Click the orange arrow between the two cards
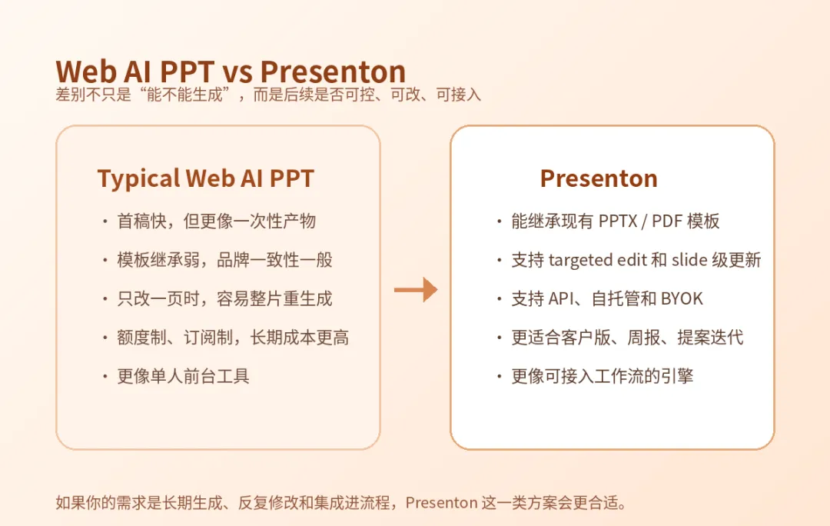pyautogui.click(x=416, y=289)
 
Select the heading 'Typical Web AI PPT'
pyautogui.click(x=206, y=178)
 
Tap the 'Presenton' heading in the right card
pyautogui.click(x=599, y=178)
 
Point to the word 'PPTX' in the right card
pyautogui.click(x=618, y=221)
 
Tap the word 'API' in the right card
pyautogui.click(x=561, y=298)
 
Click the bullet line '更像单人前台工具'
pyautogui.click(x=183, y=376)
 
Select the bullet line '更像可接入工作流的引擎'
pyautogui.click(x=603, y=376)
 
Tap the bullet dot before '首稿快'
pyautogui.click(x=105, y=221)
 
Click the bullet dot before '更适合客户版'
pyautogui.click(x=500, y=338)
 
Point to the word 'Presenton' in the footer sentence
pyautogui.click(x=441, y=502)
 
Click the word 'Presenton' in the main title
pyautogui.click(x=333, y=72)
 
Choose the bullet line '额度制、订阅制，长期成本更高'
pyautogui.click(x=233, y=338)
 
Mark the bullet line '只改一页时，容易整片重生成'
pyautogui.click(x=225, y=298)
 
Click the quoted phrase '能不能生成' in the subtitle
pyautogui.click(x=184, y=95)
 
